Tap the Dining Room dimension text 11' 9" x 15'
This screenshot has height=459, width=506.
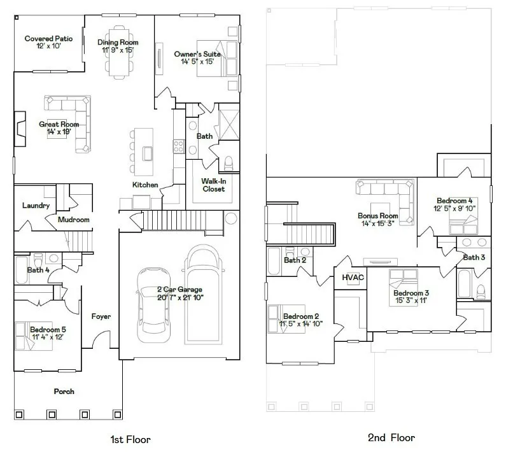tap(118, 50)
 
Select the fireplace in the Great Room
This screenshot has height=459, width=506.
tap(20, 129)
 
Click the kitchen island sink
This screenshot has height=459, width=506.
tap(148, 153)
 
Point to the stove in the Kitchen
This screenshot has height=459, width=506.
tap(179, 146)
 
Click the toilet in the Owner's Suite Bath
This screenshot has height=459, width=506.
tap(228, 164)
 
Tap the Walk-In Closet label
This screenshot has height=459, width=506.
tap(214, 185)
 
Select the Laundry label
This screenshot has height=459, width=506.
tap(36, 205)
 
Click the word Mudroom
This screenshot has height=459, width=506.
tap(74, 220)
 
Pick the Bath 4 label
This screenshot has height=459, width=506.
tap(38, 270)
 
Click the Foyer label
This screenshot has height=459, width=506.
tap(101, 316)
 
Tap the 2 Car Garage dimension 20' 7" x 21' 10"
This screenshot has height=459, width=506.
tap(180, 297)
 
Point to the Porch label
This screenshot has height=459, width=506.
tap(64, 392)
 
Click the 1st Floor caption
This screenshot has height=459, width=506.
tap(130, 439)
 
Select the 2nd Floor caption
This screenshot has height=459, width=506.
tap(391, 437)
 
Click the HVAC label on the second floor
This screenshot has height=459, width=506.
tap(353, 278)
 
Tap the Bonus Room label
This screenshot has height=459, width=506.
tap(378, 216)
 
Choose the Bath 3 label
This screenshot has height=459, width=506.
tap(474, 257)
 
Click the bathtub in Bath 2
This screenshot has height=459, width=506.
tap(274, 262)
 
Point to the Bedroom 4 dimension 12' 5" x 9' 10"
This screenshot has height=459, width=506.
tap(454, 209)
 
